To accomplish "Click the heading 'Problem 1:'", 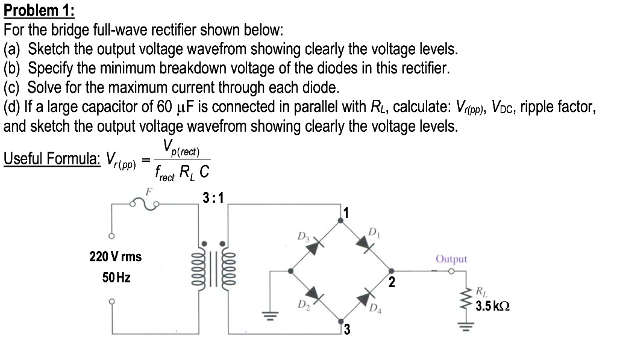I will point(39,10).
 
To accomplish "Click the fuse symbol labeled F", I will point(145,205).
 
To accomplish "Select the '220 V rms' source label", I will point(115,257).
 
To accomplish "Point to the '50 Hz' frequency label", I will point(115,278).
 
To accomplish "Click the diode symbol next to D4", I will point(365,297).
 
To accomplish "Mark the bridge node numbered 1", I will point(341,221).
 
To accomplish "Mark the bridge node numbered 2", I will point(391,271).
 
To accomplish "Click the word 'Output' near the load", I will point(451,259).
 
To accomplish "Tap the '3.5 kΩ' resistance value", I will point(492,307).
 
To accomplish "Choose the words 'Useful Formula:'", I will point(52,158).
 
